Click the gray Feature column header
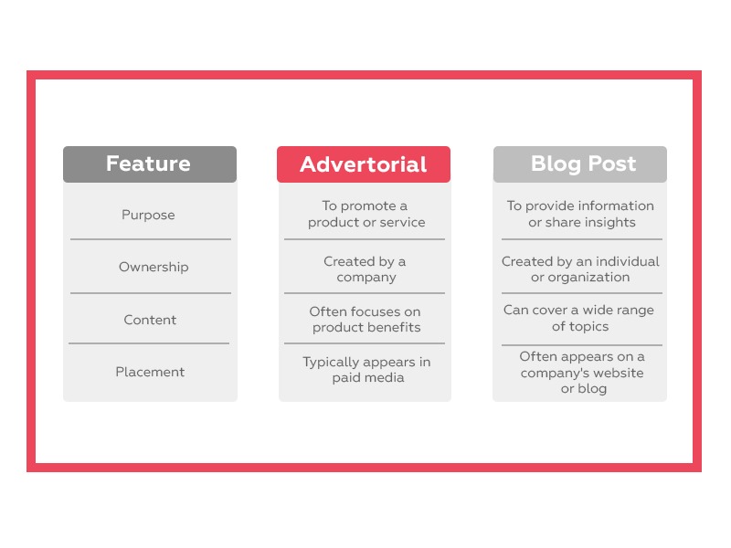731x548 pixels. (x=149, y=164)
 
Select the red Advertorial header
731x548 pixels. (x=364, y=164)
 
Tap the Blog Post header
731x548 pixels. (x=580, y=164)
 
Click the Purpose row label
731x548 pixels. (x=148, y=215)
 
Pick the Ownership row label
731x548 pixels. (x=154, y=267)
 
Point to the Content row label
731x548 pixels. (x=150, y=320)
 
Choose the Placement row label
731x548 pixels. (x=150, y=372)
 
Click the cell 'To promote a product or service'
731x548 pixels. (x=365, y=214)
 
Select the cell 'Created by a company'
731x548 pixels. (x=365, y=269)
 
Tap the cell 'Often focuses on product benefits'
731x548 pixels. (x=365, y=319)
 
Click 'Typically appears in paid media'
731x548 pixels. (x=366, y=370)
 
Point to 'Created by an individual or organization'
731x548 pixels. (x=580, y=269)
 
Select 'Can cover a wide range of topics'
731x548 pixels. (x=579, y=318)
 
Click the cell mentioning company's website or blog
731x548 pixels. (x=582, y=372)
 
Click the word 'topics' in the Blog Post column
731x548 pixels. (x=589, y=326)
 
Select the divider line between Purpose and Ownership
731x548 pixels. (x=151, y=239)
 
